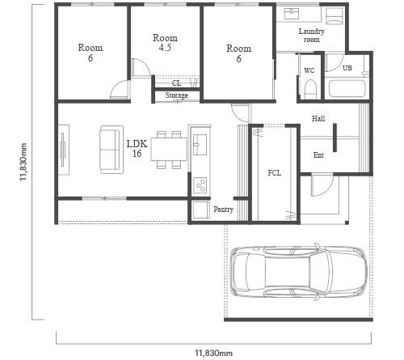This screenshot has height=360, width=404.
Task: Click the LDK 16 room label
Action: point(137,148)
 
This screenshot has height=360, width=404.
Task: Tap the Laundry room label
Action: point(312,36)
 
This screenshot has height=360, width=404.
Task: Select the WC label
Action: point(309,70)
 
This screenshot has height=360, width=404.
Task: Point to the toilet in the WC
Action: point(310,89)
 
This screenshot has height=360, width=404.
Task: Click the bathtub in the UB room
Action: point(347,88)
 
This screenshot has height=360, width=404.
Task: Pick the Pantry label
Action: point(223,210)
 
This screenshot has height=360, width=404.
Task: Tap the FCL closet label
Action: point(275,173)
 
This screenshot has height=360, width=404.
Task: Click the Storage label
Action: point(177,95)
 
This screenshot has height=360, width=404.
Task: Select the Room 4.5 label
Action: point(165,43)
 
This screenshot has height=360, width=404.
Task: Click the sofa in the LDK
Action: point(112,150)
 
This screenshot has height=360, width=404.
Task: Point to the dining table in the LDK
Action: point(169,149)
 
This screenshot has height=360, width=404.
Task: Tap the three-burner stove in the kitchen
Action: point(200,185)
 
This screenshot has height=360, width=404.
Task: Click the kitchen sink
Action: point(200,145)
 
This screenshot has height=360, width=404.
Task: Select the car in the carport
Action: point(299,272)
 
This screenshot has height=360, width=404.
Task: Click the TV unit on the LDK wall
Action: point(64,150)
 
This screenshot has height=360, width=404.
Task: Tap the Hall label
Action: point(318,118)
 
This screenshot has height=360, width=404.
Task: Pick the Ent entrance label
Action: point(318,155)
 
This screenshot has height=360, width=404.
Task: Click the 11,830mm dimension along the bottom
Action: point(213,353)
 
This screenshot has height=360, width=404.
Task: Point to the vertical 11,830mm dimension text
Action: point(23,162)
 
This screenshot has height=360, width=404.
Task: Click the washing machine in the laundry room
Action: point(335,15)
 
